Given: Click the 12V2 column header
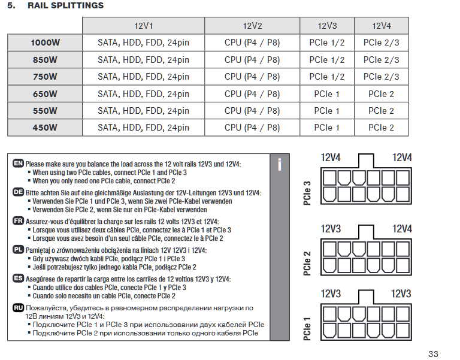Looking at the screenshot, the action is coord(252,26).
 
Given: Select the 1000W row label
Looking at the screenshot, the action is coord(45,43).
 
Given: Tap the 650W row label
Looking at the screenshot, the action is coord(45,94).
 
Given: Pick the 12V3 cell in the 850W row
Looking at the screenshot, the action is coord(327,60).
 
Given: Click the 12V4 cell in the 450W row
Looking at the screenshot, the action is coord(381,128).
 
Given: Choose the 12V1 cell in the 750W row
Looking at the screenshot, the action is coord(143,77).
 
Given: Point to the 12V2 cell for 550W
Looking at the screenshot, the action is coord(252,111).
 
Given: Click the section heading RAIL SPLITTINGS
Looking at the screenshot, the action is coord(65,5).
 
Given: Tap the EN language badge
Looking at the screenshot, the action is coord(18,163).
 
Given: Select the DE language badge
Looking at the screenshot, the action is coord(18,192).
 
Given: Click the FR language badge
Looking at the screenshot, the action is coord(18,220).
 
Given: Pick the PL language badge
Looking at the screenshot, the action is coord(18,250).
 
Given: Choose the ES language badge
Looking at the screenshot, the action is coord(18,278).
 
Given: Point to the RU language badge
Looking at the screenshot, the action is coord(18,307).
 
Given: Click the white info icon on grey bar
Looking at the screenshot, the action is coord(280,165).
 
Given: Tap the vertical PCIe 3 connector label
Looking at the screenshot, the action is coord(307,193).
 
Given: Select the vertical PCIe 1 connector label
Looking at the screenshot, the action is coord(307,329).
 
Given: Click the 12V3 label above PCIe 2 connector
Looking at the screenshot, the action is coord(331,229).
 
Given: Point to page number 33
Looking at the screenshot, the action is coord(433,354).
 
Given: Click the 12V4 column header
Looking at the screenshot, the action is coord(382,26).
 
